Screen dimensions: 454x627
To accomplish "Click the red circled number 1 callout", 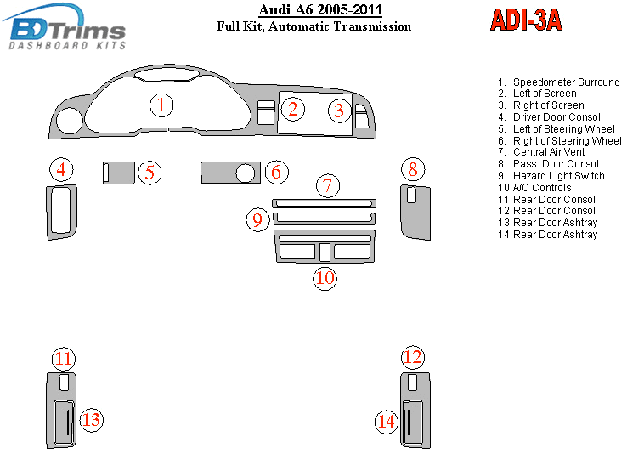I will coord(161,105).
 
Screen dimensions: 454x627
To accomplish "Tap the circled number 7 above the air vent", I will coord(329,184).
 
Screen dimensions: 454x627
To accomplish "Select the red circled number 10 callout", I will coord(325,277).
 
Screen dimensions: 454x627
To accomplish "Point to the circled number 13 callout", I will coord(91,419).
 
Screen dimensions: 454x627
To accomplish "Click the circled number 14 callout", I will coord(387,421).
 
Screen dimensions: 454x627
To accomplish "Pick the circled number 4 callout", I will coord(61,169).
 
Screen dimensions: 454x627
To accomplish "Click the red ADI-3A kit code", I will coord(526,20).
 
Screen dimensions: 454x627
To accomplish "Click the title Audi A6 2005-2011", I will coord(319,10).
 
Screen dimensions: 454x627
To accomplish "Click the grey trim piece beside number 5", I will coord(120,173).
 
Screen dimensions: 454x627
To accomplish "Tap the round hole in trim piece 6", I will coord(246,173).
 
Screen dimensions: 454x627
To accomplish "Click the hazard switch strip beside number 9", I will coord(324,219).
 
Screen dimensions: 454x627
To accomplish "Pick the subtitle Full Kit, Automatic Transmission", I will coord(313,26).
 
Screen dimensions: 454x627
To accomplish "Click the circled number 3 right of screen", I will coord(339,110).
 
